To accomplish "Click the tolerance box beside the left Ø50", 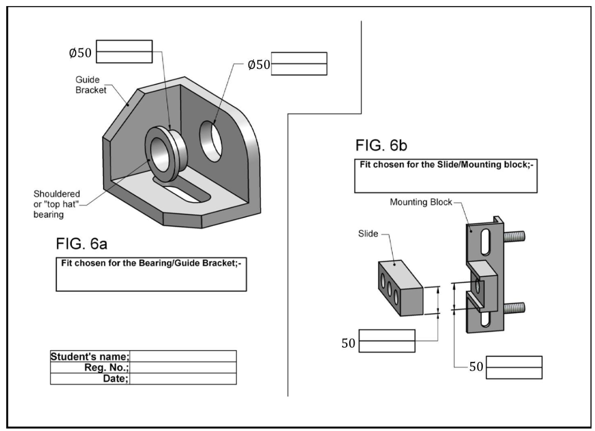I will pyautogui.click(x=124, y=51).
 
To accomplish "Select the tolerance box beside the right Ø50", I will pyautogui.click(x=299, y=64).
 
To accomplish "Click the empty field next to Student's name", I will pyautogui.click(x=183, y=356).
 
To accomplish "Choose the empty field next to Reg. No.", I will pyautogui.click(x=183, y=367).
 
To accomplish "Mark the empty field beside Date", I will pyautogui.click(x=183, y=379).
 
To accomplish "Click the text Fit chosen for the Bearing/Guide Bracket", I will pyautogui.click(x=151, y=263).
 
